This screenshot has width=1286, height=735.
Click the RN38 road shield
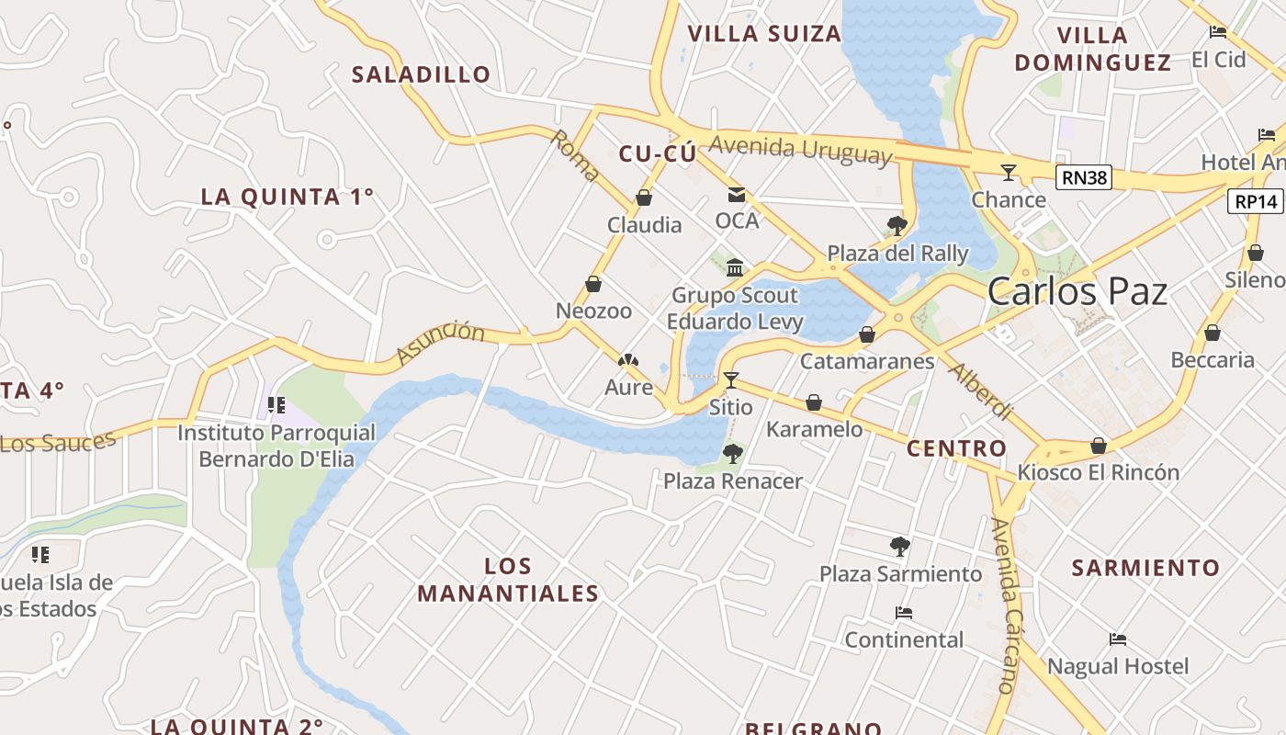[x=1083, y=178]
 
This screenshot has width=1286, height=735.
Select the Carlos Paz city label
[x=1077, y=292]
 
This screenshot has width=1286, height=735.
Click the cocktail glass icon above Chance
[x=1009, y=172]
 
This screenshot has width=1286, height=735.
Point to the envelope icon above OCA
[x=737, y=194]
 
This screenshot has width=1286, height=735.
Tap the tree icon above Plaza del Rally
[x=897, y=226]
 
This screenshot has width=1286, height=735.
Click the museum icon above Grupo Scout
[x=735, y=267]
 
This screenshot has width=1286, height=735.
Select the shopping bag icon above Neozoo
[x=593, y=284]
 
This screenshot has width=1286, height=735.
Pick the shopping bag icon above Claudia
[x=644, y=198]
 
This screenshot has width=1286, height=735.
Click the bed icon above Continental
[x=904, y=613]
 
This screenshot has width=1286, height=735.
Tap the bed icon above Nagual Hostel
[x=1118, y=639]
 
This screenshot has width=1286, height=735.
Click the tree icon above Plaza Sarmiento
[x=900, y=547]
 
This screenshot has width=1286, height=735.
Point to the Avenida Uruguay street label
[x=800, y=150]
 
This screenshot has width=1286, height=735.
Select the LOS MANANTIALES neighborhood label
[x=508, y=580]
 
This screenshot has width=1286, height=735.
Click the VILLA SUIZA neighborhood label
[x=764, y=34]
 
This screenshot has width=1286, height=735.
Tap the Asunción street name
[x=440, y=342]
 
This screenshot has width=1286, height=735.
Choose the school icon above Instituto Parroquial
[x=276, y=405]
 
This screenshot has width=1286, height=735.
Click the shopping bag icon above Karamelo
[x=813, y=402]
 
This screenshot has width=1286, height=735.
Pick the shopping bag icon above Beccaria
[x=1213, y=333]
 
